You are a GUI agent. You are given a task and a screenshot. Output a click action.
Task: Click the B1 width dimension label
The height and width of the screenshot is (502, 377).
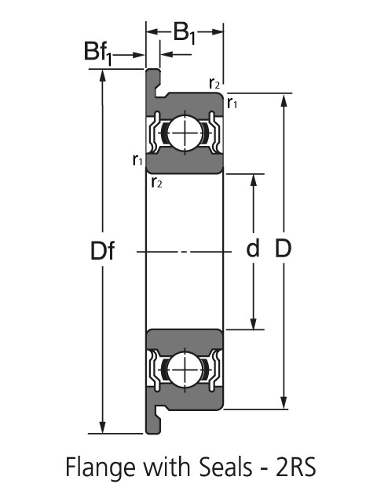tap(185, 33)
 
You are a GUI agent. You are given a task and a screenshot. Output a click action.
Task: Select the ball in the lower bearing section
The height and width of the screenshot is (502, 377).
tap(185, 368)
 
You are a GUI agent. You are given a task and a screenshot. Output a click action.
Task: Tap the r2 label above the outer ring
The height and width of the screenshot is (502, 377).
tap(214, 82)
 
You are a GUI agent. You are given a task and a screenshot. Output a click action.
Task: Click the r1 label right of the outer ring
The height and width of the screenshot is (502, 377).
tap(232, 102)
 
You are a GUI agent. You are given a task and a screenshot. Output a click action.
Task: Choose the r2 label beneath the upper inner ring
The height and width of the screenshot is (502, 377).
tap(156, 183)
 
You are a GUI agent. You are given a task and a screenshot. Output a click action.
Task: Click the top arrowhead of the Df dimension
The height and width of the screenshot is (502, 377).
tap(102, 75)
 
